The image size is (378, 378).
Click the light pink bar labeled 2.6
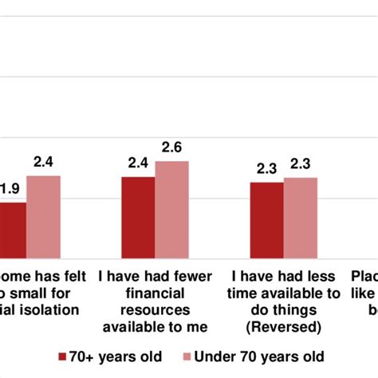coord(171,210)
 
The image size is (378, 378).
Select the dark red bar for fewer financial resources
coord(138,218)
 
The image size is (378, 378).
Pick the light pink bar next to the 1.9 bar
coord(43,217)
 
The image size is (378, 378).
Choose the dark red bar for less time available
coord(266,220)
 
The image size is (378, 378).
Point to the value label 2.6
coord(171,148)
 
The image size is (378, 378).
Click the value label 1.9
coord(10,189)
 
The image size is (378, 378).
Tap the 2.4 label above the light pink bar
coord(43,162)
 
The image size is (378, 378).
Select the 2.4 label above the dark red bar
coord(138,163)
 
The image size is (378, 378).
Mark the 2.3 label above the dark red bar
coord(266,168)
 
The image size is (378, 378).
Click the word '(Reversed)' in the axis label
coord(283,326)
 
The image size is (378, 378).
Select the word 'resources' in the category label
coord(155,309)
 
